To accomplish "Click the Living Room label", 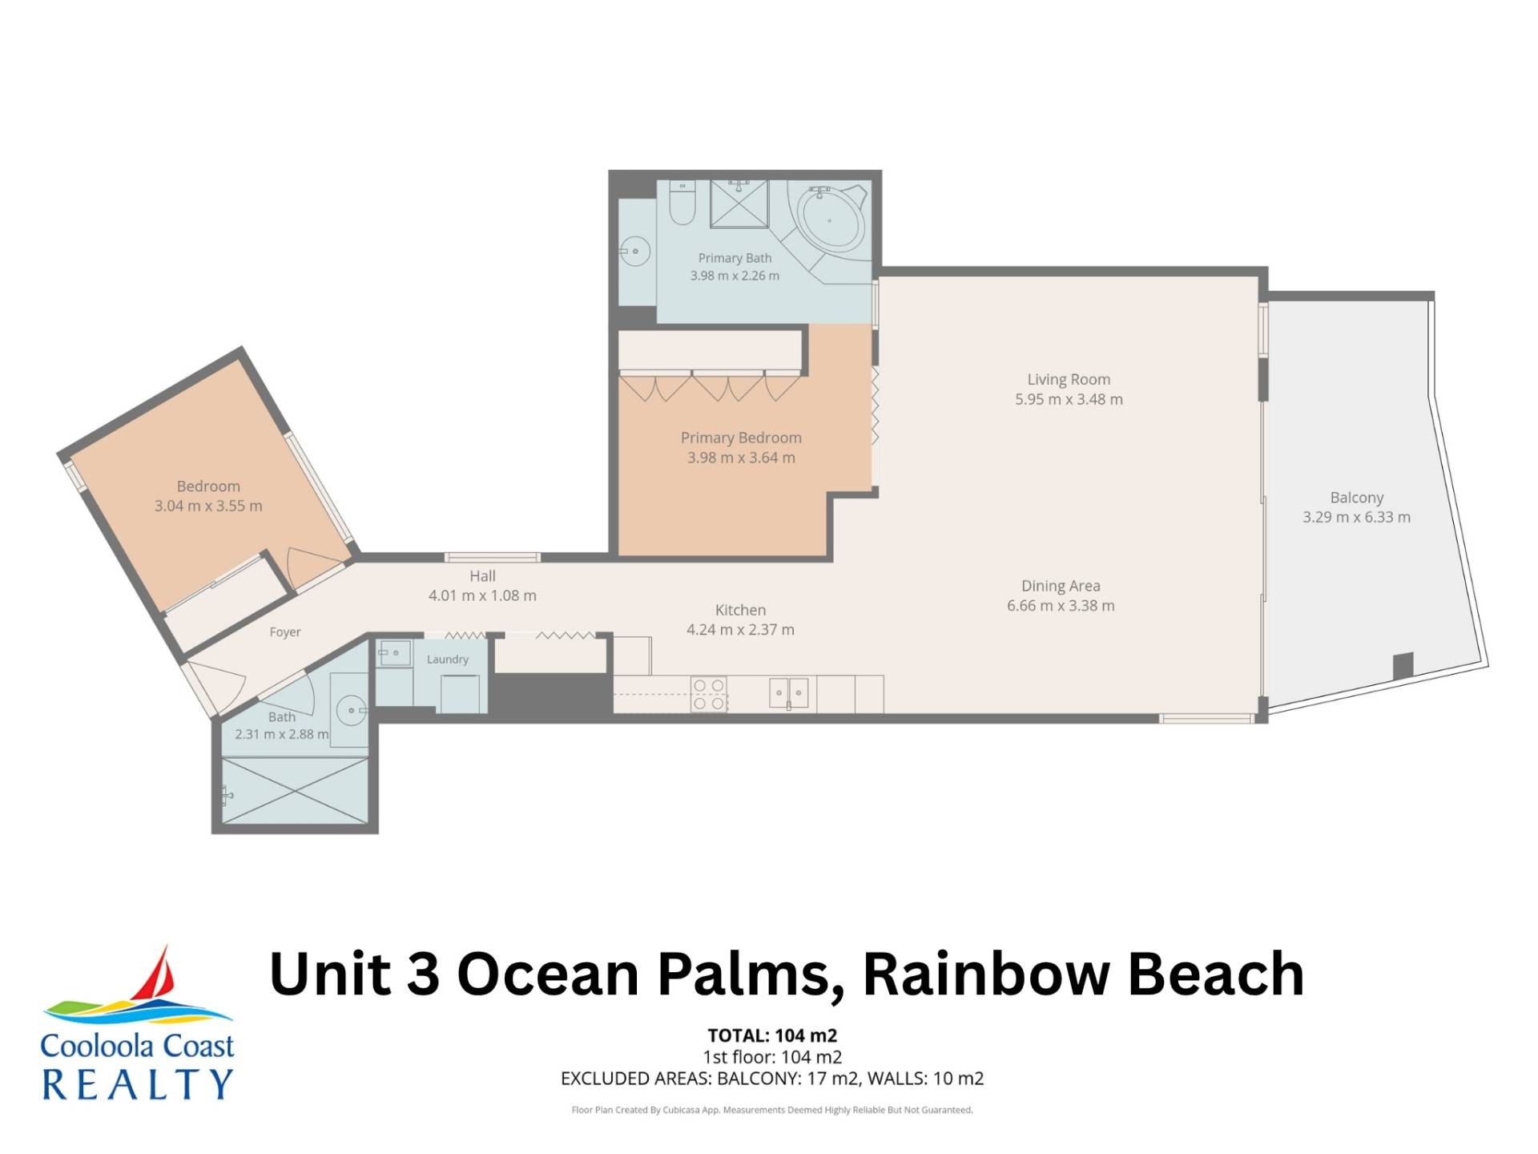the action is [1069, 380].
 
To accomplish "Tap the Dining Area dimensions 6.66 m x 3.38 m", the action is [1061, 606].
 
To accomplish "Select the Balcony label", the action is [1357, 498].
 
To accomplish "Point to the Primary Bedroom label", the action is [741, 438].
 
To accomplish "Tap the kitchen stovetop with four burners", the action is [709, 694].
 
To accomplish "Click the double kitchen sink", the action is [789, 693].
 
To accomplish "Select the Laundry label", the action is [447, 660].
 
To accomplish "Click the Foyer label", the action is [285, 632].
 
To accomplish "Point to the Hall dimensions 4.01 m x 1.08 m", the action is [482, 595].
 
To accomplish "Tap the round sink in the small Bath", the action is [351, 710].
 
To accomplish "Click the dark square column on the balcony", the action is [1403, 665].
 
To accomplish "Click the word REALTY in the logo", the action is [137, 1084].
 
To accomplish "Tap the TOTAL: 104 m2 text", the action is [772, 1036].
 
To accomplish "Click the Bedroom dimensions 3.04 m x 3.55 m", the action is [208, 506].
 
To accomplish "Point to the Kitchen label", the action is [740, 610].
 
